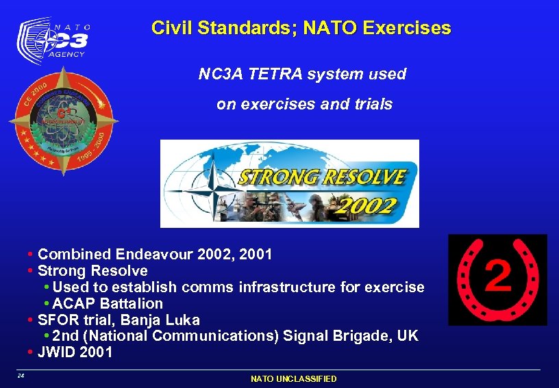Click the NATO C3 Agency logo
point(53,40)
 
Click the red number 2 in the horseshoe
point(498,277)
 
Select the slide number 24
point(21,376)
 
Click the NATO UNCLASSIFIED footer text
point(293,378)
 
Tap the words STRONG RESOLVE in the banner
point(322,177)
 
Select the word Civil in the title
point(171,28)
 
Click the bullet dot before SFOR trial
point(31,320)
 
